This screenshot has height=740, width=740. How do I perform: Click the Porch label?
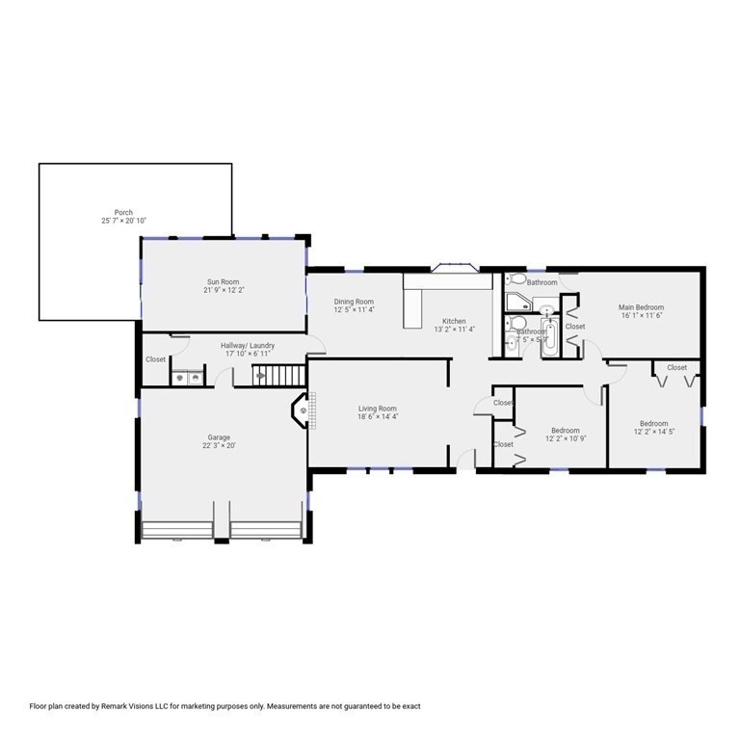coord(123,212)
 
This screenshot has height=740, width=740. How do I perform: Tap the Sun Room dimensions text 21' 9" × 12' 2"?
coord(222,290)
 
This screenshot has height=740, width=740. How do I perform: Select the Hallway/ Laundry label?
coord(249,345)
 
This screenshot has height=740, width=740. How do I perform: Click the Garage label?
coord(219,436)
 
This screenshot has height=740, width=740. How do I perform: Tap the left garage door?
coord(177,531)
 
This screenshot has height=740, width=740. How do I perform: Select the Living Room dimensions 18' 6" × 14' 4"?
coord(378,417)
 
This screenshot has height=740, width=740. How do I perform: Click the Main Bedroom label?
coord(641,307)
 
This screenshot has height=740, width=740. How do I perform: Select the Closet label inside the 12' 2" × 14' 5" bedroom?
coord(676,367)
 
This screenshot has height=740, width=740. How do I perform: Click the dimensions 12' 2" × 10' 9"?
coord(566,439)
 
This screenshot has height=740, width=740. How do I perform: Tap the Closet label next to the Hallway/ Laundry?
coord(156,359)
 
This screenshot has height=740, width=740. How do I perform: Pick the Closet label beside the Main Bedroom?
coord(574,327)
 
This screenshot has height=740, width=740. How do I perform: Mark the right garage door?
coord(266,531)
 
